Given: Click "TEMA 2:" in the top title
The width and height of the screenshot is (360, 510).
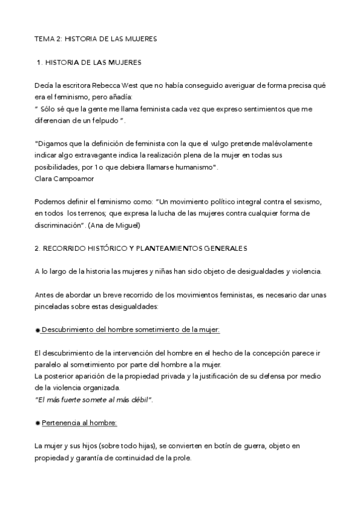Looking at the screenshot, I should (x=47, y=38).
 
